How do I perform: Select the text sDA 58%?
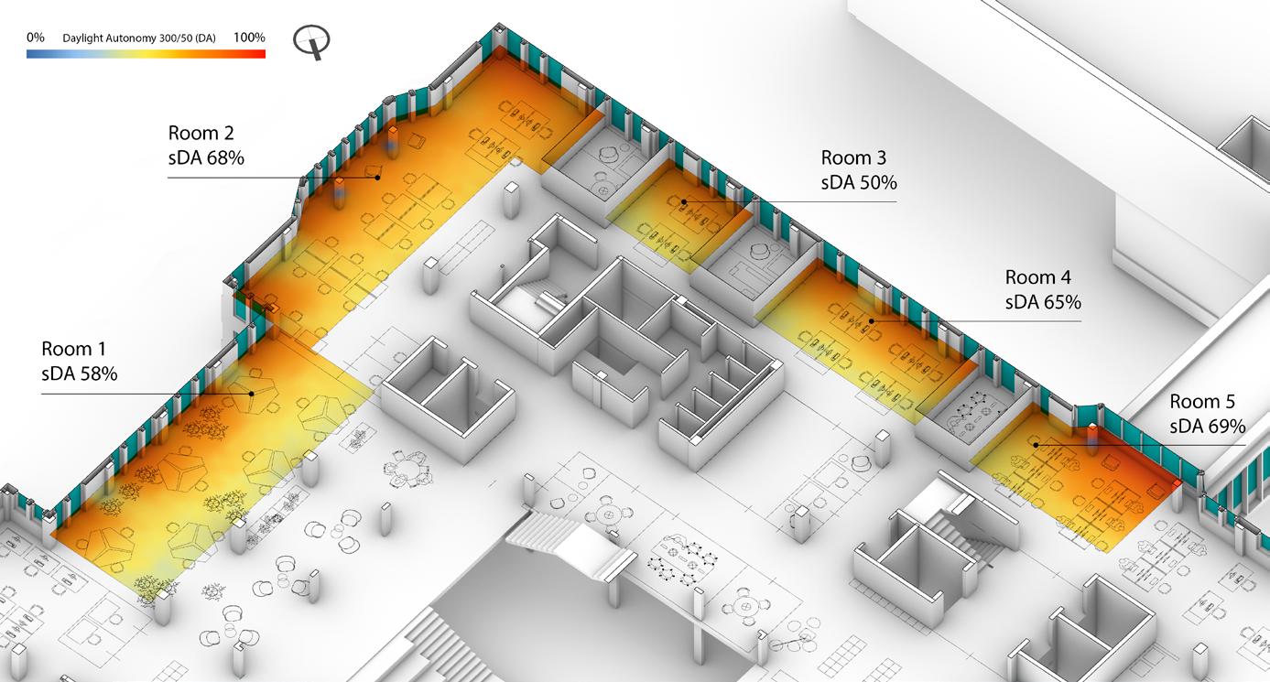pyautogui.click(x=80, y=373)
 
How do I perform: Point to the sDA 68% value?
pyautogui.click(x=206, y=157)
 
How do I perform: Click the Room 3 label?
pyautogui.click(x=853, y=157)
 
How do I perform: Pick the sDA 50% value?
pyautogui.click(x=859, y=182)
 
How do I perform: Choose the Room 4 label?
pyautogui.click(x=1037, y=276)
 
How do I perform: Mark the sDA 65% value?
pyautogui.click(x=1043, y=301)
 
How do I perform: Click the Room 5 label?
pyautogui.click(x=1202, y=401)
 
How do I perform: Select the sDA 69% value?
pyautogui.click(x=1208, y=426)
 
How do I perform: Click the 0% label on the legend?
pyautogui.click(x=36, y=38)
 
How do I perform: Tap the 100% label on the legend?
pyautogui.click(x=249, y=38)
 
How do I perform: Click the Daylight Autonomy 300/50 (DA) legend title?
pyautogui.click(x=139, y=38)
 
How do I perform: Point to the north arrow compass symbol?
pyautogui.click(x=312, y=41)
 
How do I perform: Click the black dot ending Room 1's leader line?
pyautogui.click(x=251, y=394)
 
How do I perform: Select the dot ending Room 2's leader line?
pyautogui.click(x=376, y=178)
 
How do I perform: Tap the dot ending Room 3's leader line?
pyautogui.click(x=684, y=201)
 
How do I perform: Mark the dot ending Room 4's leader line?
pyautogui.click(x=872, y=320)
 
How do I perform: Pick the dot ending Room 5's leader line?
pyautogui.click(x=1036, y=445)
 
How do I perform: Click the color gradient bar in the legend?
pyautogui.click(x=147, y=54)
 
